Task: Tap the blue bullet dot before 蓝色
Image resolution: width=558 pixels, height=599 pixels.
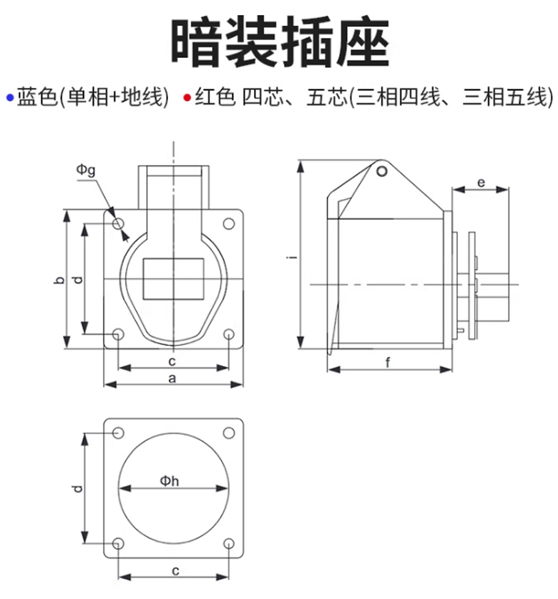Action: click(x=9, y=97)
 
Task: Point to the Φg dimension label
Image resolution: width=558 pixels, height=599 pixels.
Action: click(x=86, y=170)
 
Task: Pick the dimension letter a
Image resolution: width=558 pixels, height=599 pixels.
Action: click(x=172, y=378)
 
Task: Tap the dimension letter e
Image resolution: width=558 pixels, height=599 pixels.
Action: click(x=481, y=183)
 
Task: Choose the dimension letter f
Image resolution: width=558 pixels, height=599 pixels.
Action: click(x=388, y=362)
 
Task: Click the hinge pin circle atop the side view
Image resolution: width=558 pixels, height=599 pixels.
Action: click(x=383, y=171)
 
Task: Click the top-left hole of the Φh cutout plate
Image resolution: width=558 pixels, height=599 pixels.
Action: click(x=118, y=433)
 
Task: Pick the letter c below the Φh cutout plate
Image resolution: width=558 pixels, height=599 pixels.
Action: click(x=174, y=570)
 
